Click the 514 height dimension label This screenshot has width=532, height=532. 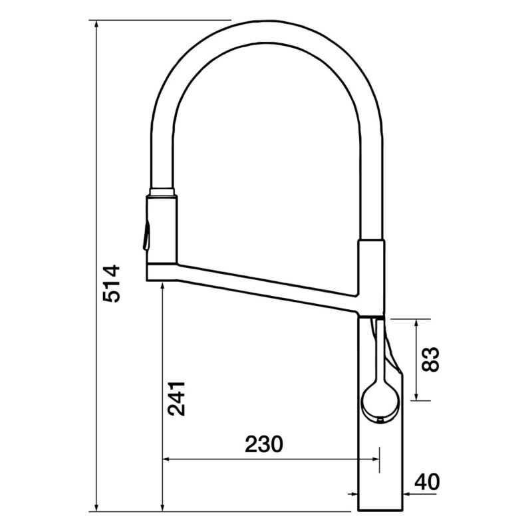[111, 284]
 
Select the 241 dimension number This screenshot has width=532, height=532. [177, 398]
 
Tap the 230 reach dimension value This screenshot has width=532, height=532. [263, 444]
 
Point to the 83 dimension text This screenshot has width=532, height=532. [430, 359]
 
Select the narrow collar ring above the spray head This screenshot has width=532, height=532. [162, 192]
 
